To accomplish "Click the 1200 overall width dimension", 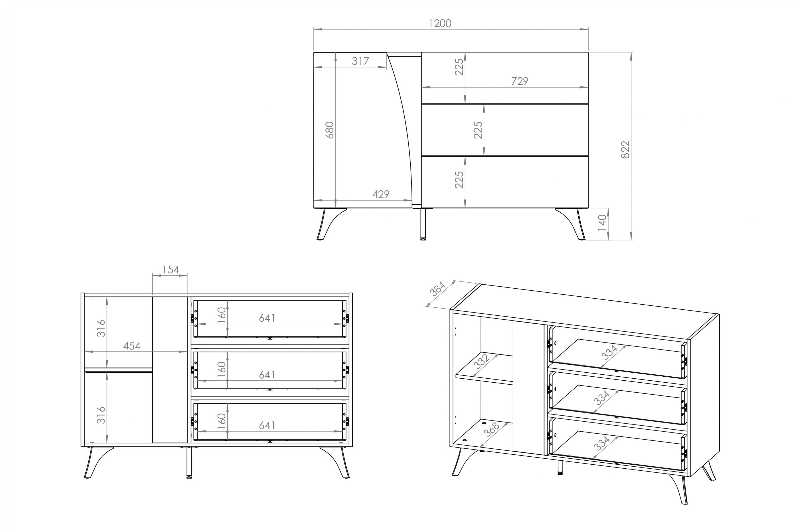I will click(440, 23).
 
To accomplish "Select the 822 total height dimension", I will click(625, 149).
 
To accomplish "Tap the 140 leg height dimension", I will click(602, 223).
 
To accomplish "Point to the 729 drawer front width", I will click(520, 81).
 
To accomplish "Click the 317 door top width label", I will click(360, 61).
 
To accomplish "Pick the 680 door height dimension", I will click(330, 130).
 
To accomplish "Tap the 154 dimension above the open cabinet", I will click(170, 270).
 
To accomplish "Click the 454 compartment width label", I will click(132, 346).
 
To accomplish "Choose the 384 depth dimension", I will click(437, 289).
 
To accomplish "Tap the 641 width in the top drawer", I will click(267, 318).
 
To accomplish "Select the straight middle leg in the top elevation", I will click(423, 224).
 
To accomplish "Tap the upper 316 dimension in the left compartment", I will click(101, 328).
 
